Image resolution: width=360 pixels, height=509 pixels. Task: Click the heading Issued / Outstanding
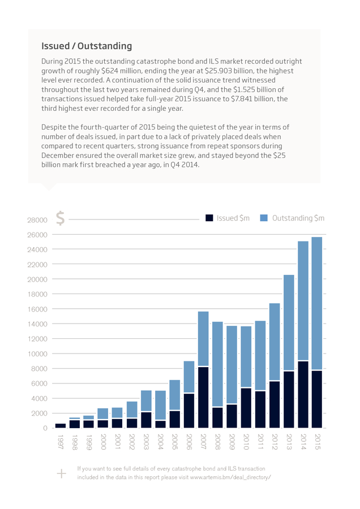pyautogui.click(x=87, y=46)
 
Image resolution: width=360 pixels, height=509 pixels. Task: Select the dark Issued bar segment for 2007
pyautogui.click(x=203, y=398)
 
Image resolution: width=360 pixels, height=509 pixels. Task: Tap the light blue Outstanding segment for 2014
pyautogui.click(x=303, y=301)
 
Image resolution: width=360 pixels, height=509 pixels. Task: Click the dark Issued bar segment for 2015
pyautogui.click(x=317, y=399)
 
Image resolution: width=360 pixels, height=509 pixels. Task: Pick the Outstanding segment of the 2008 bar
pyautogui.click(x=218, y=364)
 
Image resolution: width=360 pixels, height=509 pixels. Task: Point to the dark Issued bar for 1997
pyautogui.click(x=61, y=425)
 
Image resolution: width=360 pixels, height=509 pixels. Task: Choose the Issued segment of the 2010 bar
pyautogui.click(x=246, y=408)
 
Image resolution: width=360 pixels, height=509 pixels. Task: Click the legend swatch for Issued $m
pyautogui.click(x=209, y=218)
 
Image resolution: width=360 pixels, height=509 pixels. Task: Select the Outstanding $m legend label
pyautogui.click(x=298, y=218)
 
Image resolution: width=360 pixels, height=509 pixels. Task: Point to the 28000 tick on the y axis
pyautogui.click(x=37, y=220)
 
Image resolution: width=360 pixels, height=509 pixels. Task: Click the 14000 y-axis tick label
pyautogui.click(x=37, y=324)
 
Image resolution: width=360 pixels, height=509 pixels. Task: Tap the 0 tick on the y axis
pyautogui.click(x=45, y=428)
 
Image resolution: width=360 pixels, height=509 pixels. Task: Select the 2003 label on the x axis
pyautogui.click(x=146, y=442)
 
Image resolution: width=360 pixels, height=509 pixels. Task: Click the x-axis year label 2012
pyautogui.click(x=275, y=442)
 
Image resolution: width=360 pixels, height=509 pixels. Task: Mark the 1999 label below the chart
pyautogui.click(x=89, y=442)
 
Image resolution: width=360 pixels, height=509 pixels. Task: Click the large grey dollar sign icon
pyautogui.click(x=61, y=218)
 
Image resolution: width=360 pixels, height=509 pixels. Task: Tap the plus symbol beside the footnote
pyautogui.click(x=61, y=473)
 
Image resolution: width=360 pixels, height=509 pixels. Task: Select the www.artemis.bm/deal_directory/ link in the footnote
pyautogui.click(x=230, y=477)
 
